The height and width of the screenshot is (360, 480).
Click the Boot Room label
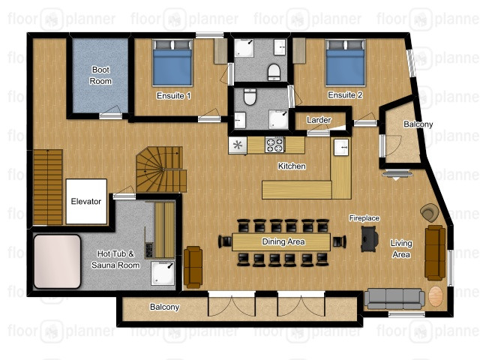click(100, 75)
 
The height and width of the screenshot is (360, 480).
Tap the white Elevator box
click(86, 202)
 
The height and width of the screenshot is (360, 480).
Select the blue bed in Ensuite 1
click(172, 62)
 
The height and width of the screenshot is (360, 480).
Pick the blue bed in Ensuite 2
click(345, 62)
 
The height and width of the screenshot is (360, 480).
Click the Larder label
click(319, 120)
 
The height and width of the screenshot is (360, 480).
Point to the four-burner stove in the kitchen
click(274, 145)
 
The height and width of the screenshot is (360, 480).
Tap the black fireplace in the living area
click(370, 239)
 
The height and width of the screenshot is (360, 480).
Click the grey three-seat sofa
click(394, 298)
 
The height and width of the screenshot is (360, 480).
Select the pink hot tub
click(57, 262)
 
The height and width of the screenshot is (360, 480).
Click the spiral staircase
click(161, 169)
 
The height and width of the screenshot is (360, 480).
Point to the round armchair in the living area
click(430, 212)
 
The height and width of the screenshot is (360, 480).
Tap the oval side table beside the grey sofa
click(436, 296)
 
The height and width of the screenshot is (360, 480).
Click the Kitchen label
click(292, 166)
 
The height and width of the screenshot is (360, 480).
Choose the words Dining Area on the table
click(283, 241)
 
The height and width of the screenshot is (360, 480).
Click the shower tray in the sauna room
click(163, 273)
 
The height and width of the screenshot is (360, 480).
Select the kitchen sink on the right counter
click(341, 147)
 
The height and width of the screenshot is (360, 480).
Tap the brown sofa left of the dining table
click(193, 267)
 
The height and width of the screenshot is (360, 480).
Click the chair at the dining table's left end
click(225, 241)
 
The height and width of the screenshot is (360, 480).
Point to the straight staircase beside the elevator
click(48, 187)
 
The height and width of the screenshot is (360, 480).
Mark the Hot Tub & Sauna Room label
click(115, 259)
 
